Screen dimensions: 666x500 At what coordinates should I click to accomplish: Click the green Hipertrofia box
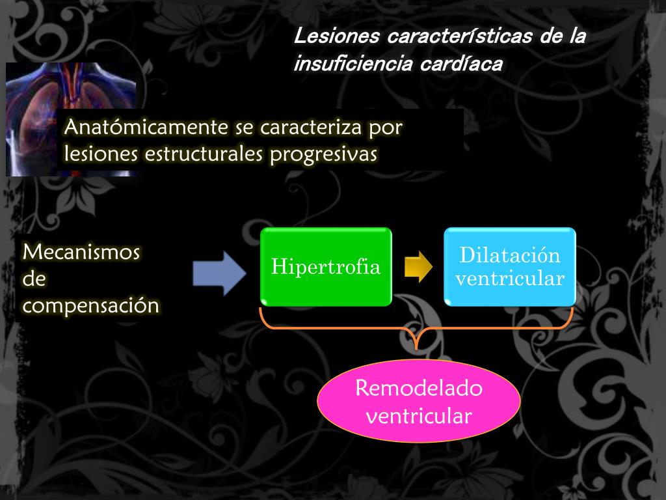tap(326, 266)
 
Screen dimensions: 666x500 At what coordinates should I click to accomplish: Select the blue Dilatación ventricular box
tap(510, 266)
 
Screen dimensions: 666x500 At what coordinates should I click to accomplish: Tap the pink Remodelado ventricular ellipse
tap(418, 401)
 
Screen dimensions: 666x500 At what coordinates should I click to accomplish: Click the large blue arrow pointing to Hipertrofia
tap(219, 271)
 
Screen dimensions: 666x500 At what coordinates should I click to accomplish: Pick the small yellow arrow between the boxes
tap(418, 267)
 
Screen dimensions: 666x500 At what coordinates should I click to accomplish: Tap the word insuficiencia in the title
tap(348, 64)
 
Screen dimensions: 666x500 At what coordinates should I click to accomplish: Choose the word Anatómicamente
tap(146, 128)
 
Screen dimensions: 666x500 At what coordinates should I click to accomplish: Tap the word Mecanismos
tap(81, 252)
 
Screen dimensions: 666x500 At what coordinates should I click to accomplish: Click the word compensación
tap(90, 305)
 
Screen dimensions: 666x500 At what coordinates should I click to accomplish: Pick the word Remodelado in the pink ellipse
tap(419, 389)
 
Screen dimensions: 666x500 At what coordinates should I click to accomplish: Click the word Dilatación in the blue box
tap(510, 255)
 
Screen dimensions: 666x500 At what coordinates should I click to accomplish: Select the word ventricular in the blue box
tap(510, 279)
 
